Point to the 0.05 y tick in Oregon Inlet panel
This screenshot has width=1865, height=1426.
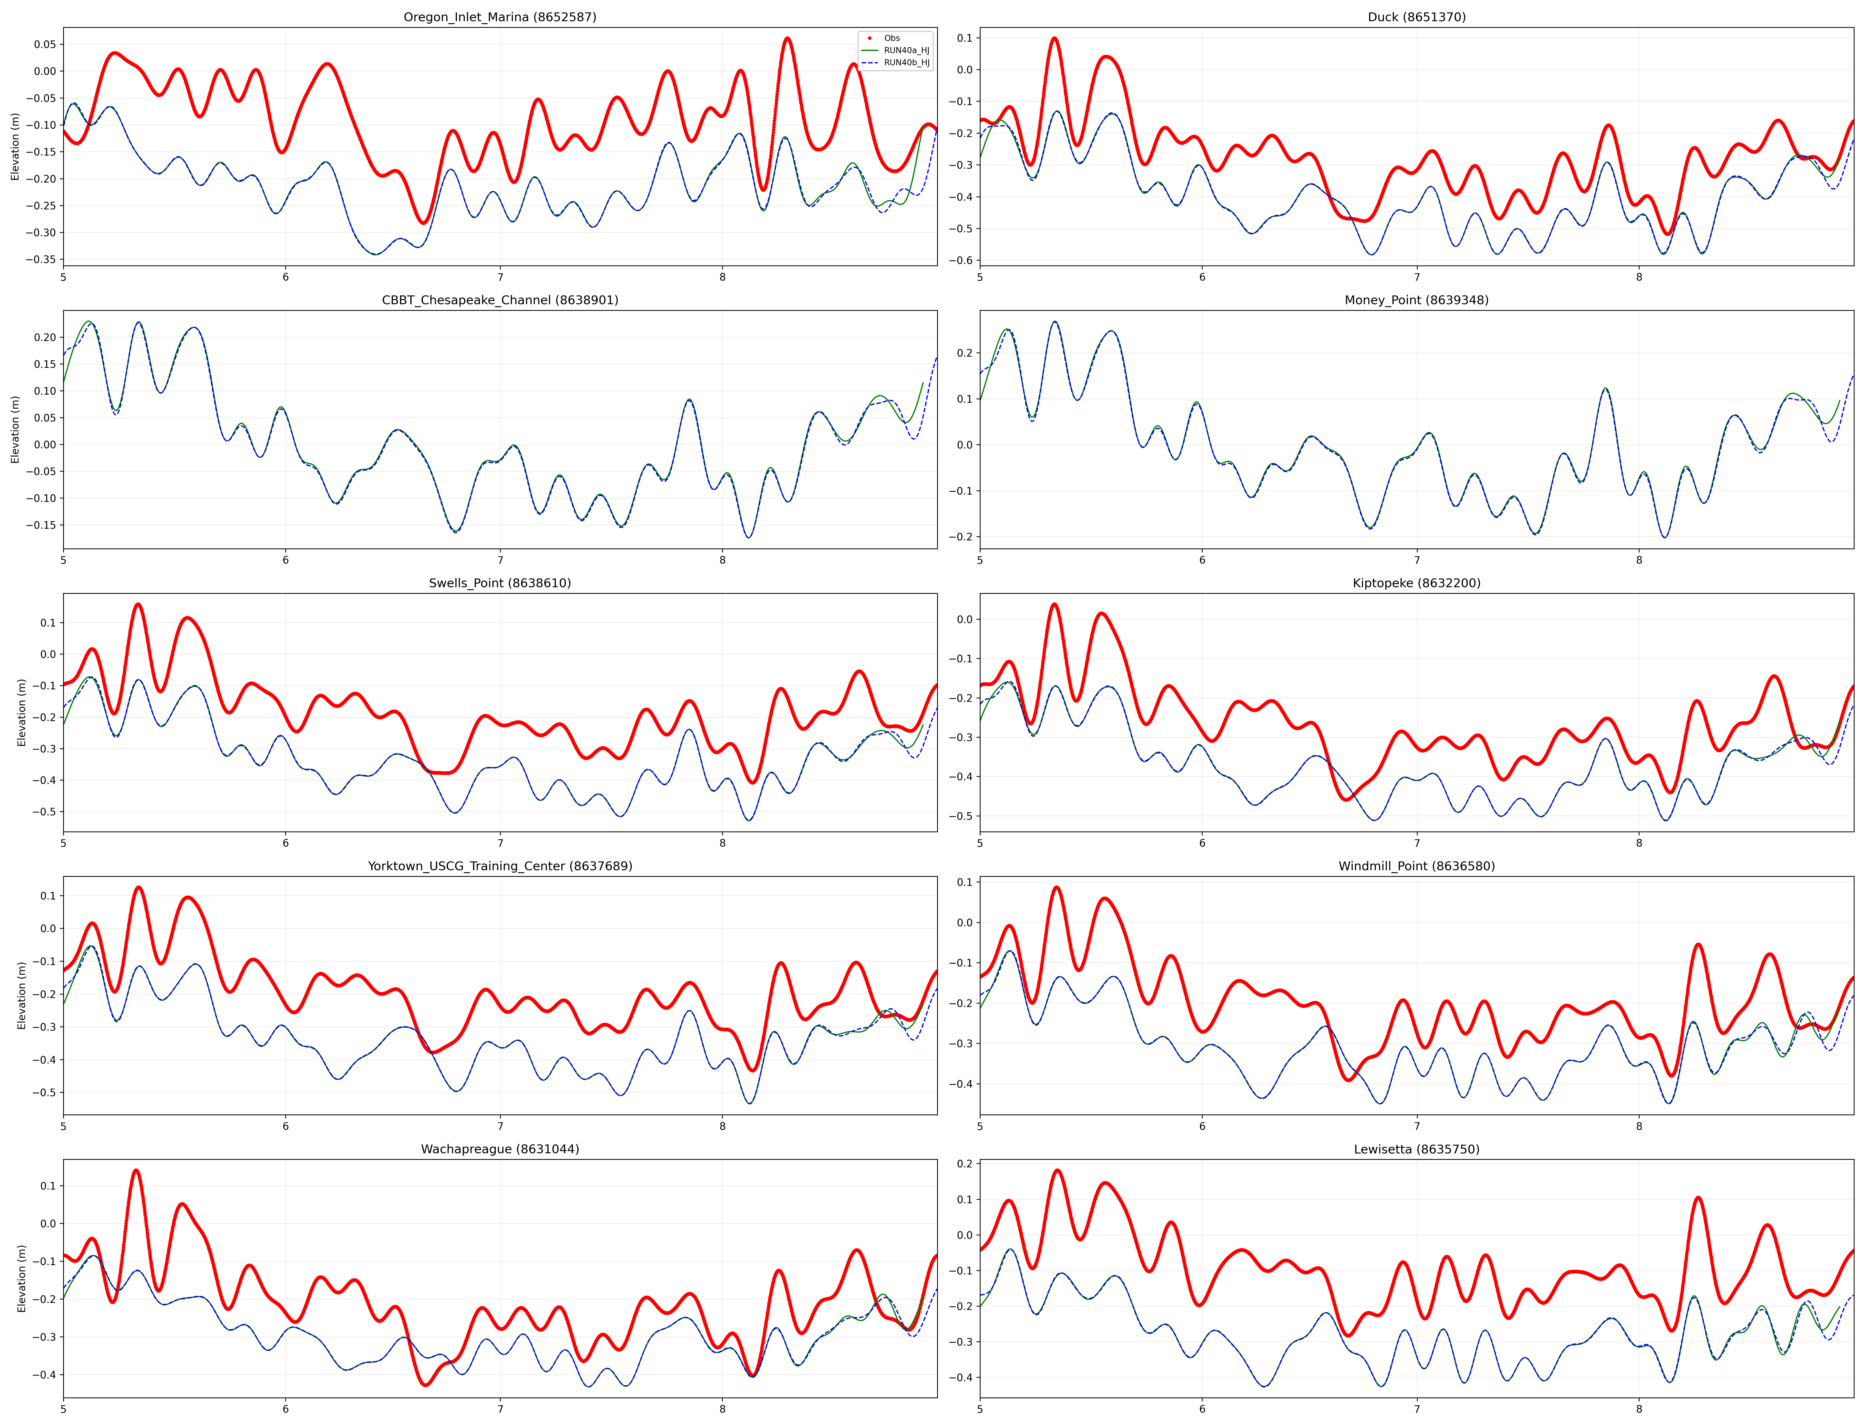[45, 44]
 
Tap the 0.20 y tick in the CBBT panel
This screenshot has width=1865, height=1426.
[45, 337]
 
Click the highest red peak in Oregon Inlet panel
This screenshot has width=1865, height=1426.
[787, 39]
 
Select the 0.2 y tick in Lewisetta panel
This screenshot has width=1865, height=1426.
[965, 1164]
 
